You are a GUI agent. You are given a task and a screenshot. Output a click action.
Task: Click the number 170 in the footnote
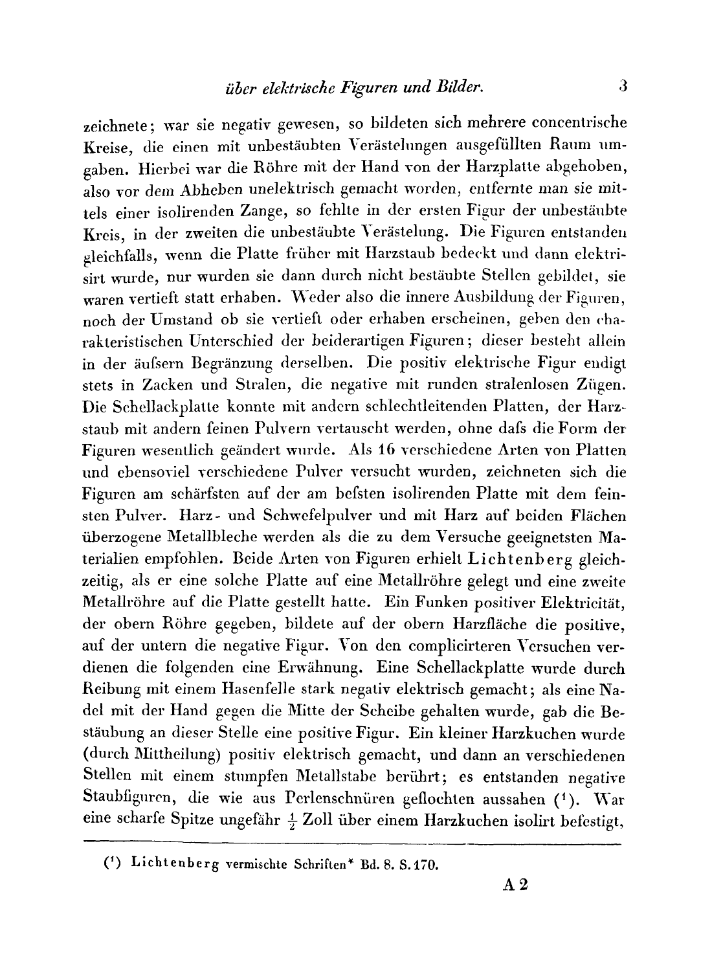426,863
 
